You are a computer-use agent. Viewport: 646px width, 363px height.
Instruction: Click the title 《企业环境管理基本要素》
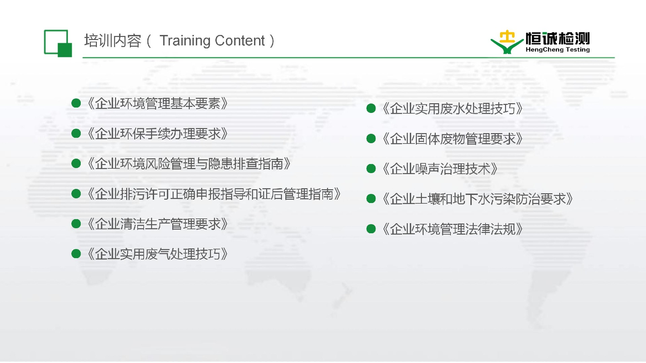click(157, 103)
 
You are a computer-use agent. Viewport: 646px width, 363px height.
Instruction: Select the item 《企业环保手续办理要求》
click(157, 133)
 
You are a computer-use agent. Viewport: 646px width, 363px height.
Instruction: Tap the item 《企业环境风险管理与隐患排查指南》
click(189, 164)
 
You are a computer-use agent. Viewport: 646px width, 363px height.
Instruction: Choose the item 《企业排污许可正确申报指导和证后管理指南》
click(214, 194)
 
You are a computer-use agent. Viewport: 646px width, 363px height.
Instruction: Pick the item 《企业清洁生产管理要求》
click(157, 224)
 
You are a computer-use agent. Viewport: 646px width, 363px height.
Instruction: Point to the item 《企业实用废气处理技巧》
click(157, 254)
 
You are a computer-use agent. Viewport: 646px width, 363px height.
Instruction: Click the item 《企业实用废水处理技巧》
click(453, 108)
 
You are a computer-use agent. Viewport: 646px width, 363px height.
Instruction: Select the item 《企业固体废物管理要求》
click(453, 138)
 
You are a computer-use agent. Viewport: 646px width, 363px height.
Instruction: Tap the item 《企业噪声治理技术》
click(440, 169)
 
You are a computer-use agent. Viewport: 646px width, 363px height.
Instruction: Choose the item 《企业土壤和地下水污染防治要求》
click(478, 199)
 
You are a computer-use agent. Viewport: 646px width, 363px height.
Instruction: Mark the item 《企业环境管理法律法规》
click(453, 229)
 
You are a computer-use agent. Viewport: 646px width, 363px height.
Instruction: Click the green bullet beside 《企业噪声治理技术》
click(371, 169)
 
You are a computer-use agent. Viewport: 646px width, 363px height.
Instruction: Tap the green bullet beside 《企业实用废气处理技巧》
click(76, 254)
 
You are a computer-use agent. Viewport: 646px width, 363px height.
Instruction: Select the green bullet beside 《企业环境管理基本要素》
click(76, 103)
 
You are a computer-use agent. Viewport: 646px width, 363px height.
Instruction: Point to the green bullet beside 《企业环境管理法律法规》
click(371, 229)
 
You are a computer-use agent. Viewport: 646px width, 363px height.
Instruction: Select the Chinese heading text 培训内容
click(113, 41)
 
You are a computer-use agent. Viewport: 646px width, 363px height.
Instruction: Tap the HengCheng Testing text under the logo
click(558, 49)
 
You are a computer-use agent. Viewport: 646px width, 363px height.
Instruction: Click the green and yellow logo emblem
click(507, 42)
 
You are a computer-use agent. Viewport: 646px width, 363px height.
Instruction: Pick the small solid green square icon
click(65, 50)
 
